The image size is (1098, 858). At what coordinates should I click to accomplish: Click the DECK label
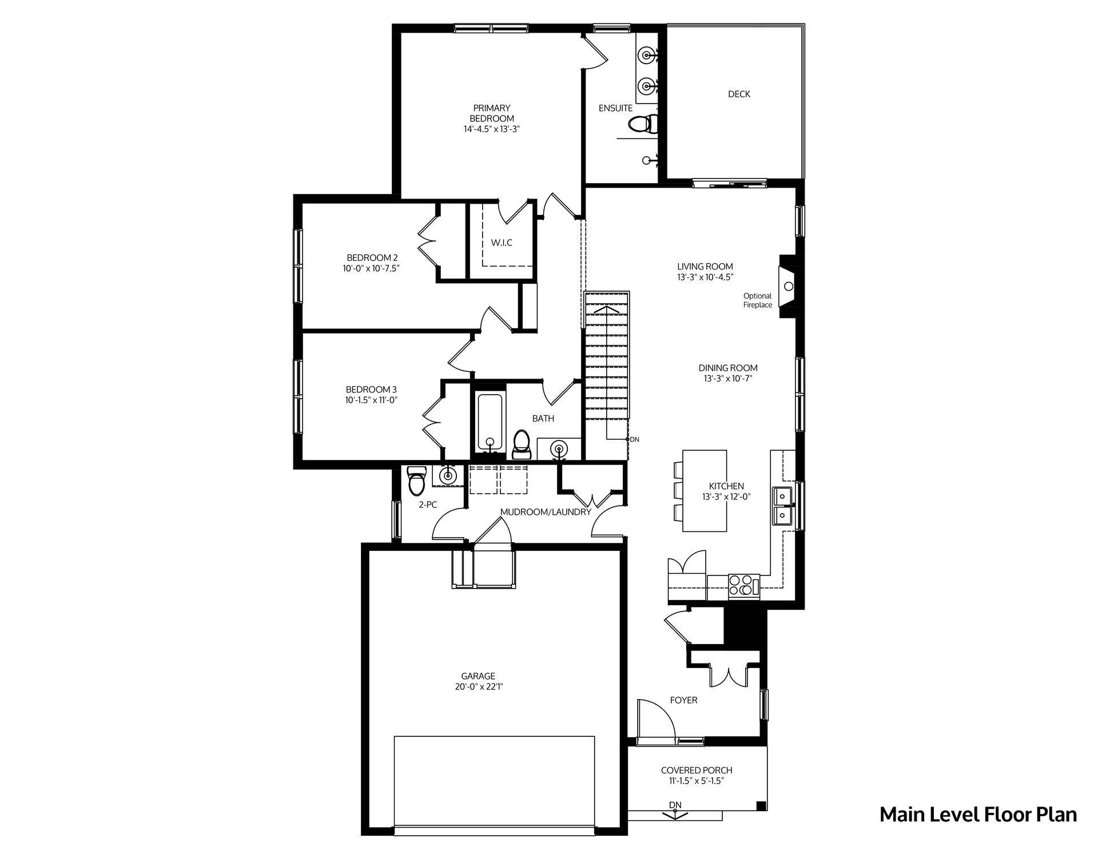point(739,94)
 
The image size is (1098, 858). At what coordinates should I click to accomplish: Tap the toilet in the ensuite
point(643,124)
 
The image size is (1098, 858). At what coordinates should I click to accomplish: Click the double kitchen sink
point(782,506)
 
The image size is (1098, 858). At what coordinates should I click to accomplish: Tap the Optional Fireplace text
point(758,300)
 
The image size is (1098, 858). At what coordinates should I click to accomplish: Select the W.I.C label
point(502,243)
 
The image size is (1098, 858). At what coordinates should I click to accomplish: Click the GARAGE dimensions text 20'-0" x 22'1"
point(479,686)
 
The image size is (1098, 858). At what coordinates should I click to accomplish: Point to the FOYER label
point(684,700)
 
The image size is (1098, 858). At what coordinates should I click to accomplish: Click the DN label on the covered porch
point(675,805)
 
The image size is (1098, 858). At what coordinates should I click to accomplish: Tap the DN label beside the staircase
point(634,439)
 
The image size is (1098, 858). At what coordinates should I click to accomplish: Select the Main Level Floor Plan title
point(978,815)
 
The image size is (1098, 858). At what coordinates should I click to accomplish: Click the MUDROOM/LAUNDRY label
point(546,512)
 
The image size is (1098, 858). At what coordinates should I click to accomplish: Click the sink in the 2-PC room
point(448,475)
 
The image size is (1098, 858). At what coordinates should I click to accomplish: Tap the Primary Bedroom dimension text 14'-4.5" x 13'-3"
point(492,129)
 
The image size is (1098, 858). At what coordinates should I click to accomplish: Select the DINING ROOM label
point(728,368)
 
